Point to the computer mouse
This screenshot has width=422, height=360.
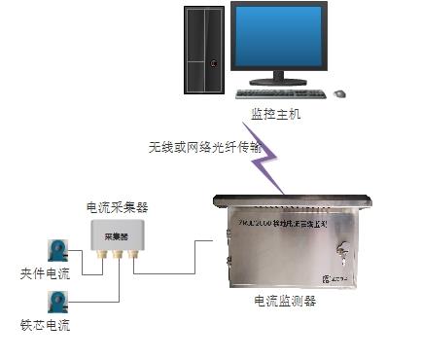339,93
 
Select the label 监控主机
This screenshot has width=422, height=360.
275,114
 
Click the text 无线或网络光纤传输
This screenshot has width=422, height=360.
193,147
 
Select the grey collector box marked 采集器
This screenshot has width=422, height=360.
117,237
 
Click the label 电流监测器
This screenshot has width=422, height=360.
284,302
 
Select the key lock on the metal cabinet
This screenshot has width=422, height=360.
342,249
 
